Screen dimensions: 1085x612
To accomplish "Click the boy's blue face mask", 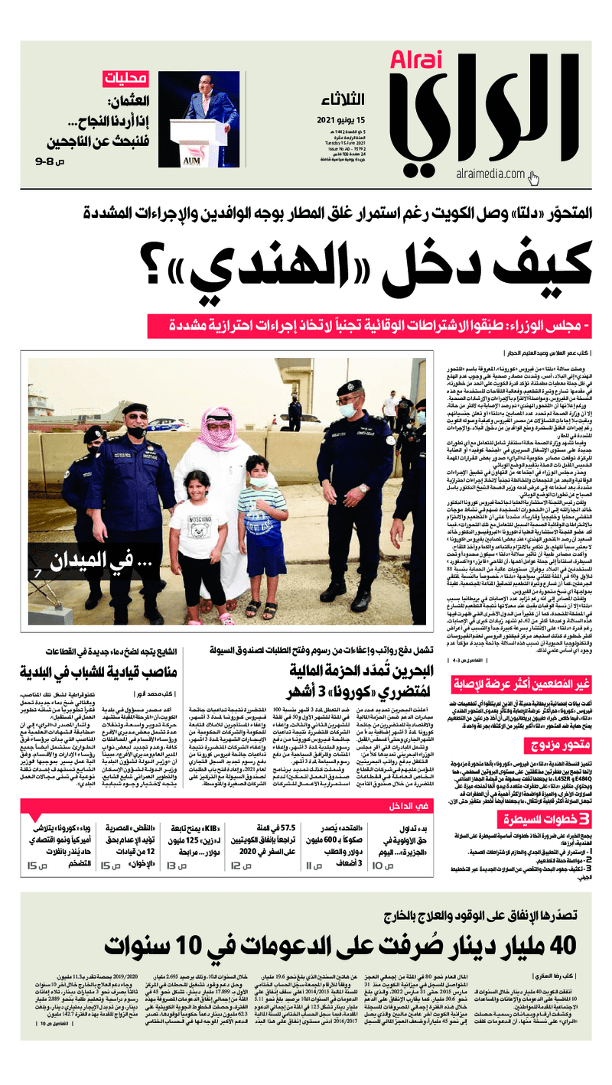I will [x=259, y=482].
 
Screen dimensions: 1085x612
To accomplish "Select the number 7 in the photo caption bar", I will [x=37, y=573].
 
